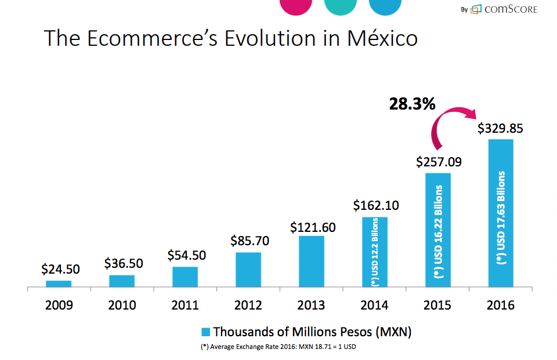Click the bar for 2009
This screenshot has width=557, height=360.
[59, 283]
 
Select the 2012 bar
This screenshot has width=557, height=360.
[248, 270]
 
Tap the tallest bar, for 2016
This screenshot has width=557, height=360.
[501, 213]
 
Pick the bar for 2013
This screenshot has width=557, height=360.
[312, 261]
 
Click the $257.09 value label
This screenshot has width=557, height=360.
[439, 162]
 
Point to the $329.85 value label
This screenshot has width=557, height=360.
[500, 128]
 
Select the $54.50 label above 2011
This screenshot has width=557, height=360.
[186, 255]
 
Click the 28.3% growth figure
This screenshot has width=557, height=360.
[412, 104]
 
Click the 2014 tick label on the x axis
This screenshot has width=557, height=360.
[374, 305]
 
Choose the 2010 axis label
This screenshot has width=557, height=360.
[122, 305]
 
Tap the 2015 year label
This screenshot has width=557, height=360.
[437, 305]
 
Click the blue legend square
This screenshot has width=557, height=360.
[205, 332]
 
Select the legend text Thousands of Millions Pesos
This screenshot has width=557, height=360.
[312, 332]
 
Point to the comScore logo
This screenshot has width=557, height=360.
[504, 9]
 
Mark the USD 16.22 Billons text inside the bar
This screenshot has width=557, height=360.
[439, 232]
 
